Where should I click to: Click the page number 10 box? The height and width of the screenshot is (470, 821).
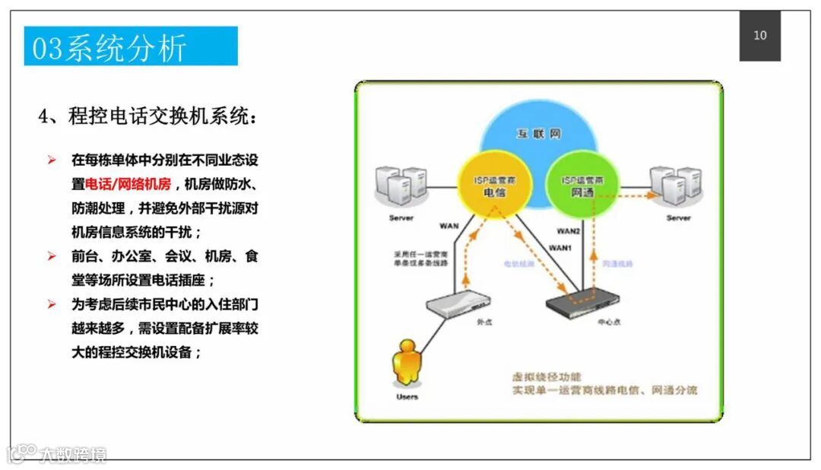pos(759,36)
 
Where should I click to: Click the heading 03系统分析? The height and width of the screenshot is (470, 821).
pos(109,48)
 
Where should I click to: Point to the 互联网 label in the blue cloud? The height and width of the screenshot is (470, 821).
pos(539,134)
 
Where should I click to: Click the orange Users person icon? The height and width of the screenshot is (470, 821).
pos(407,364)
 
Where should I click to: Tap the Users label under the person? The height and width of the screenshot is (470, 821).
pos(407,397)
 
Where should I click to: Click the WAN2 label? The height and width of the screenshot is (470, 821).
pos(569,230)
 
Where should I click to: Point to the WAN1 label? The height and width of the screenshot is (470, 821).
pos(560,248)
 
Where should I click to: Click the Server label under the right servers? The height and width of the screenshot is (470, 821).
pos(678,218)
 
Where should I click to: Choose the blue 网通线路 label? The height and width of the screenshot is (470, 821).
pos(617,264)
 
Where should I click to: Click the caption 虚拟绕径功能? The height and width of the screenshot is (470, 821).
pos(547,376)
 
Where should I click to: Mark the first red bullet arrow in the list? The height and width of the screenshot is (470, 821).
pos(52,160)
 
